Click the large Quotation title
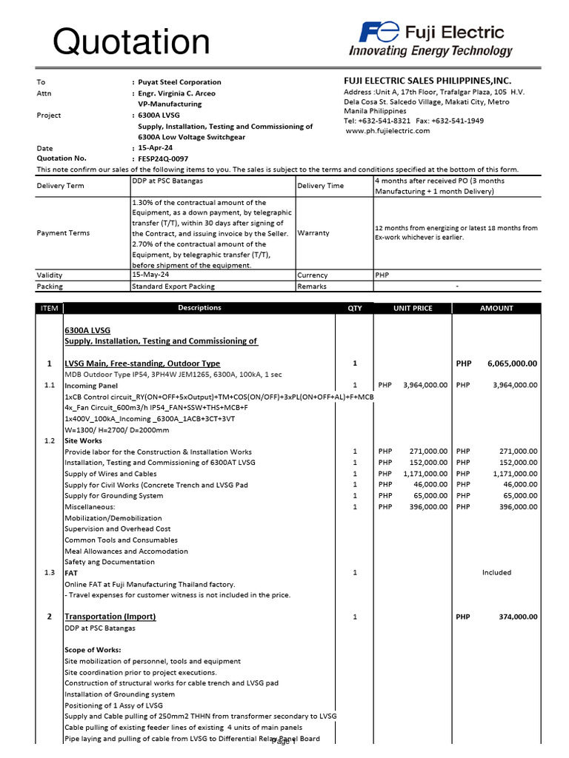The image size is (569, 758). point(130,42)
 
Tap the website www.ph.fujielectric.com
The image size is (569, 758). point(387,131)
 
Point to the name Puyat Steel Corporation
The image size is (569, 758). point(179,82)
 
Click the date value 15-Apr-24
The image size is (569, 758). point(155,148)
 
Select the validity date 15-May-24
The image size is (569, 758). point(150,275)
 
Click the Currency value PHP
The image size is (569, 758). point(382,275)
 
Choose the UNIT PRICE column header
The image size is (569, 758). point(413,309)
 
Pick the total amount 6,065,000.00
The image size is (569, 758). point(512,363)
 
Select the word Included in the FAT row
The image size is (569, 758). point(496,572)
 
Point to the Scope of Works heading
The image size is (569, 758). point(93,650)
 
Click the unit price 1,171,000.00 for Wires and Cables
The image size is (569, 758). point(425,474)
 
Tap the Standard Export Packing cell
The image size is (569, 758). point(173,286)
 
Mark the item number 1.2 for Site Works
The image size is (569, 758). point(49,440)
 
